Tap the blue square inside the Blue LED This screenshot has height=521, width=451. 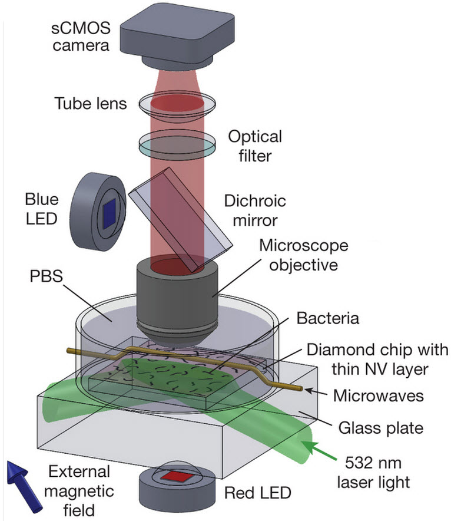(109, 214)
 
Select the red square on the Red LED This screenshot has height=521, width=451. (176, 477)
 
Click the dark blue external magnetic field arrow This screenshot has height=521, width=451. (23, 486)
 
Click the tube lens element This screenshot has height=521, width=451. (177, 104)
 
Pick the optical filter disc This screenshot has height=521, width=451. (177, 145)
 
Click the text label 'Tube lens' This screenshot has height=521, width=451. (91, 103)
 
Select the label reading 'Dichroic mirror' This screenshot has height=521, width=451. (255, 210)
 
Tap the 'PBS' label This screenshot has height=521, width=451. (46, 276)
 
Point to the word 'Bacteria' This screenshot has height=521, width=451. (327, 318)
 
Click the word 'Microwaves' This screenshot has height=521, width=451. (379, 395)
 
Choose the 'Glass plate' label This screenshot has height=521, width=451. (381, 428)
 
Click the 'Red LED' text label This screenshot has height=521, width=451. (257, 493)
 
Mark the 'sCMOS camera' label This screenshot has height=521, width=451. (81, 36)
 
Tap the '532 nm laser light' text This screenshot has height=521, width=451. (373, 472)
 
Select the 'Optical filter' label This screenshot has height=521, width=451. (255, 146)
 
